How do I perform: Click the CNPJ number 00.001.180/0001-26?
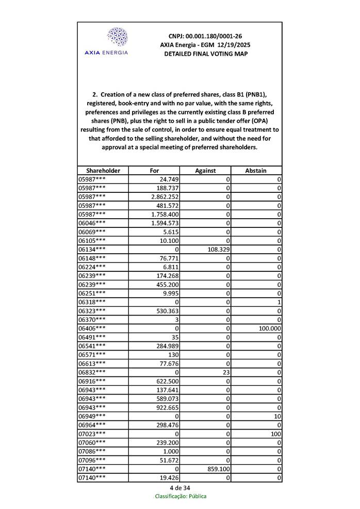(205, 36)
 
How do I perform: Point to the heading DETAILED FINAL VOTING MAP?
(205, 54)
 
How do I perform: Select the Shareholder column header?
(103, 170)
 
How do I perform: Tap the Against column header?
(205, 170)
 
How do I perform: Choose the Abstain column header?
(256, 170)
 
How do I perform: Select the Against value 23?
(225, 372)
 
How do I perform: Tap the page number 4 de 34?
(180, 488)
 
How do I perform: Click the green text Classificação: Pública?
(181, 496)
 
